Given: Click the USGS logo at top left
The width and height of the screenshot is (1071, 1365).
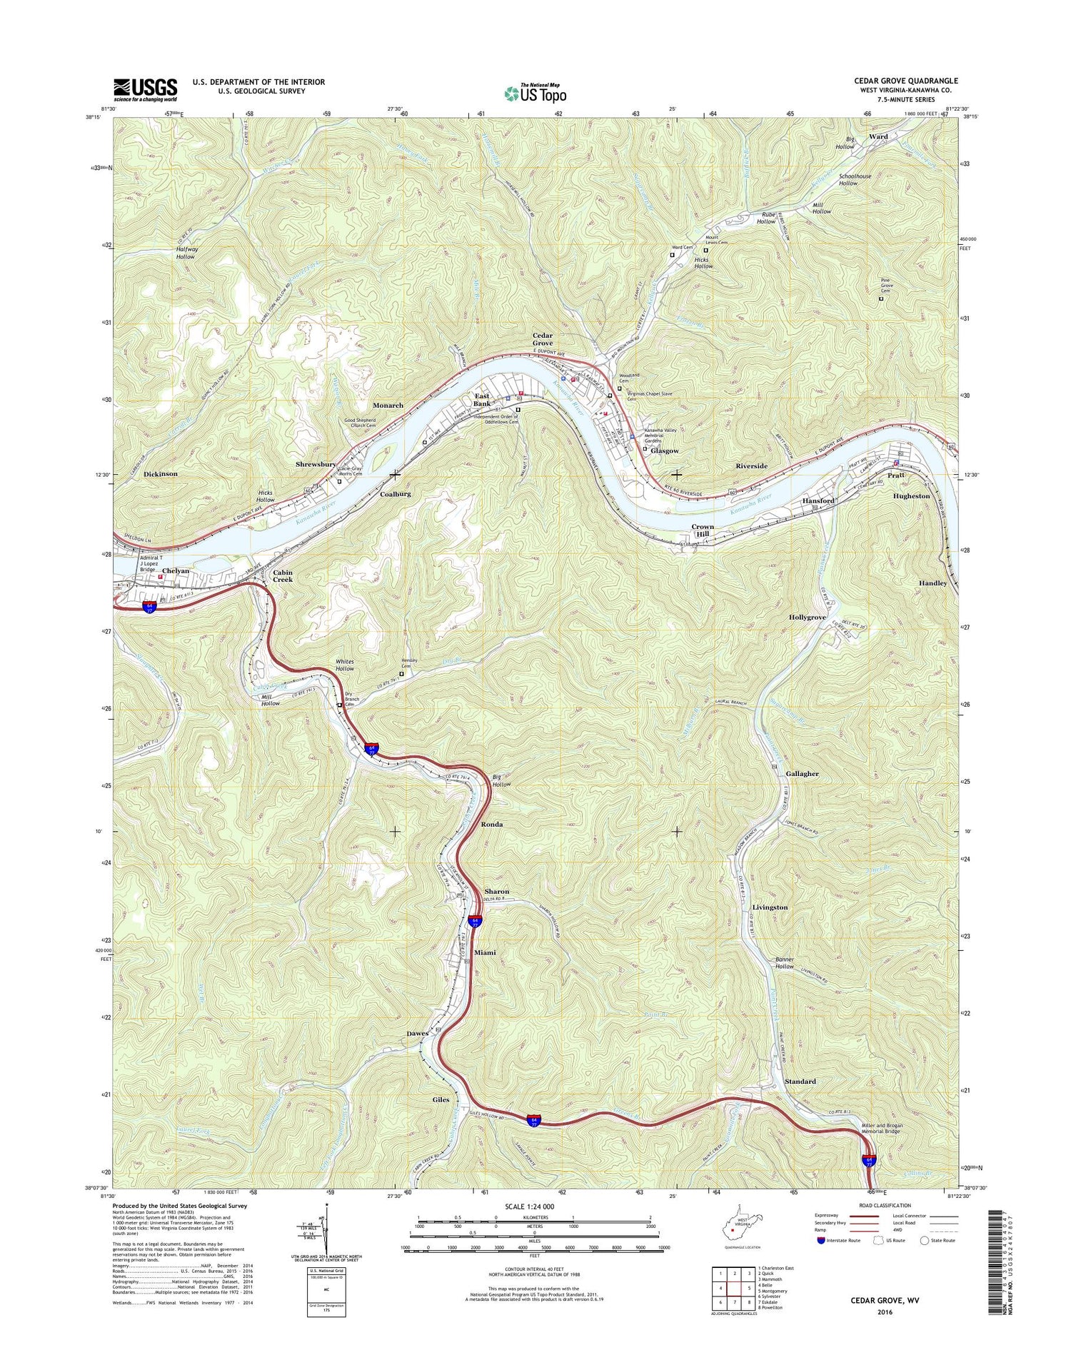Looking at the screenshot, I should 145,87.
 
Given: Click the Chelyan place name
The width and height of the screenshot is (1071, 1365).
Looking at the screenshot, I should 176,571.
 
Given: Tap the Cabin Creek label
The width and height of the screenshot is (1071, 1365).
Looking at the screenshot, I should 283,575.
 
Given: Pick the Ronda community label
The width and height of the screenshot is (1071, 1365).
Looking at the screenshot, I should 491,824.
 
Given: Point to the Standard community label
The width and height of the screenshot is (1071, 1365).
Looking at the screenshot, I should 800,1081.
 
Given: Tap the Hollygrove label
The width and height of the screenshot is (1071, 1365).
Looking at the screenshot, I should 808,617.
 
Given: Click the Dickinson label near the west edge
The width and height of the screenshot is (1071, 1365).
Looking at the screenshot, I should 160,473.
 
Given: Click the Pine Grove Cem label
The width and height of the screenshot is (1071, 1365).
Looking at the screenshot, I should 886,286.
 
